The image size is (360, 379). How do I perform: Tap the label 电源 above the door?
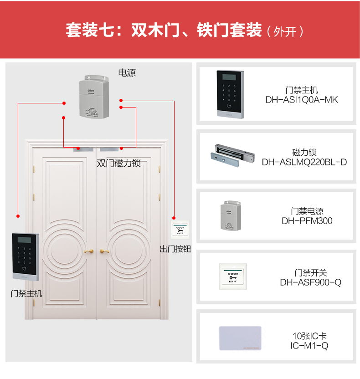click(x=127, y=72)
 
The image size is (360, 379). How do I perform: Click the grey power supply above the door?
click(x=95, y=97)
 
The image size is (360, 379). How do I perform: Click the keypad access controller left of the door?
click(x=25, y=256)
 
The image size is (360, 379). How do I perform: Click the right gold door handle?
click(x=105, y=251)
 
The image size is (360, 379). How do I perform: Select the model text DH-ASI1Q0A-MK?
click(x=302, y=100)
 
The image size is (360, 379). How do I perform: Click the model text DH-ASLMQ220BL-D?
click(x=304, y=162)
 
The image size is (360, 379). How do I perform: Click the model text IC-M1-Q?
click(x=309, y=346)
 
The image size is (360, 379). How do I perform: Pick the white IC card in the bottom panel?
click(x=240, y=338)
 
